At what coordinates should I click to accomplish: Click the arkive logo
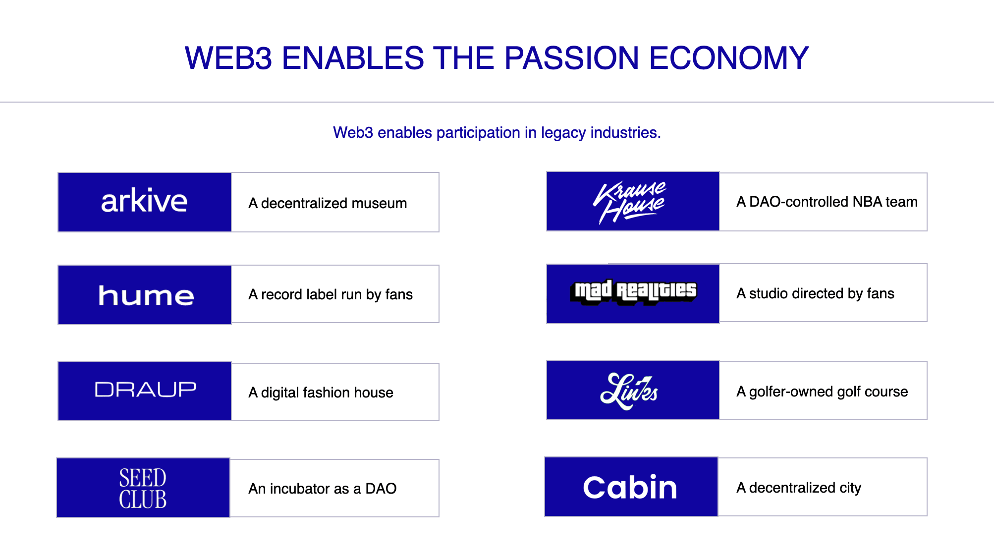pos(144,201)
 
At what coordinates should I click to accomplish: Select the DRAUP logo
pos(145,390)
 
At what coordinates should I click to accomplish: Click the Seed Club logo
pos(143,488)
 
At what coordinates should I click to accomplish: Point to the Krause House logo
pos(630,202)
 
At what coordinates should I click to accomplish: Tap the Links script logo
pos(629,391)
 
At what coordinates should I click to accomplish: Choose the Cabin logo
pos(630,487)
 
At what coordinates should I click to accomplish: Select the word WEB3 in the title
pos(228,58)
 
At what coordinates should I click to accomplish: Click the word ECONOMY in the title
pos(729,58)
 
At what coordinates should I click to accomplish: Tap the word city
pos(850,488)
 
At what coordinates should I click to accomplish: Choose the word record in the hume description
pos(281,294)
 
